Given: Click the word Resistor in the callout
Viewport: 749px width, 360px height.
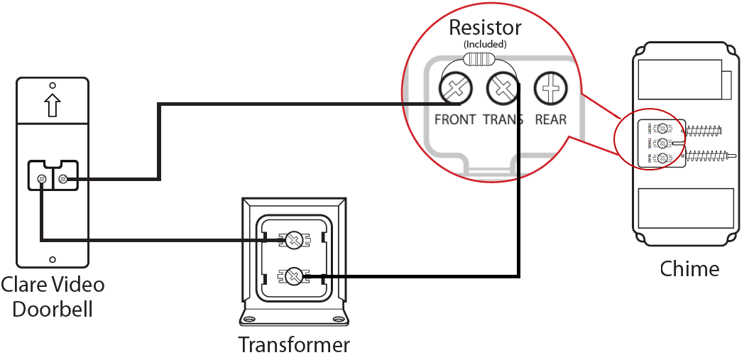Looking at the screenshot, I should pyautogui.click(x=485, y=28).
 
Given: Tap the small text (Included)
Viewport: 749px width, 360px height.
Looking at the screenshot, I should pyautogui.click(x=485, y=44).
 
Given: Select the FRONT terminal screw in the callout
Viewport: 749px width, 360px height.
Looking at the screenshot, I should pyautogui.click(x=454, y=89).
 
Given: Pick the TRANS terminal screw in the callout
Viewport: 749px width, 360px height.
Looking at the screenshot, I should pyautogui.click(x=501, y=89).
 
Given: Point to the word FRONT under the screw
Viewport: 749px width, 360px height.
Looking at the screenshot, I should pyautogui.click(x=454, y=119).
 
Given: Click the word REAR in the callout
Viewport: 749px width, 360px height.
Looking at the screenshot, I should pyautogui.click(x=551, y=119).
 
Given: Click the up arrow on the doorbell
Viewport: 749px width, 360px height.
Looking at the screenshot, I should pyautogui.click(x=52, y=104).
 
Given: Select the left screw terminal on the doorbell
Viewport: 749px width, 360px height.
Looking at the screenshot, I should pyautogui.click(x=42, y=178).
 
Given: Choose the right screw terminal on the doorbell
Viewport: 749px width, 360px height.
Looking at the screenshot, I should pyautogui.click(x=63, y=178).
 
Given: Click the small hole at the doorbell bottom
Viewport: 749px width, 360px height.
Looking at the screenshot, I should pyautogui.click(x=52, y=261).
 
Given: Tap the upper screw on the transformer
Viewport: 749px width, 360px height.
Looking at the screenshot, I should pyautogui.click(x=293, y=240).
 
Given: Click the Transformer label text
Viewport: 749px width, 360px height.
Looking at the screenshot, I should pyautogui.click(x=294, y=345).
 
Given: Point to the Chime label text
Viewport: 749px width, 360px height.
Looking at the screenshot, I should pyautogui.click(x=689, y=269).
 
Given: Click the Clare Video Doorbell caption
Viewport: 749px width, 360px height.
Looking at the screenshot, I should pyautogui.click(x=53, y=297).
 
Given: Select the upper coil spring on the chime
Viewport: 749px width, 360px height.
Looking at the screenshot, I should pyautogui.click(x=704, y=130).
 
